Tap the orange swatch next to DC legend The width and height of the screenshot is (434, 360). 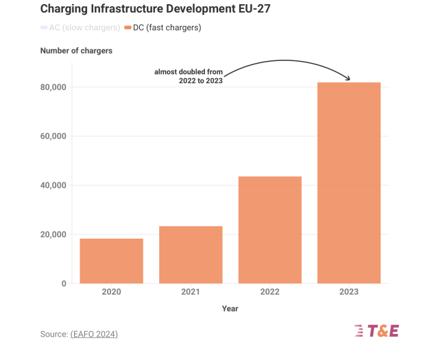[128, 27]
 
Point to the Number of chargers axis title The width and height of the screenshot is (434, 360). [76, 51]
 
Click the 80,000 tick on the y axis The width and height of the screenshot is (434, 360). [52, 87]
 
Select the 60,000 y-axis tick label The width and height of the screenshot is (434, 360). [52, 136]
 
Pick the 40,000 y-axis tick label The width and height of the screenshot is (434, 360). [52, 185]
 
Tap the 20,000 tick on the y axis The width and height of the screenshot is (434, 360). [52, 235]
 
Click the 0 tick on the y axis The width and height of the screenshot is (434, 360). [64, 283]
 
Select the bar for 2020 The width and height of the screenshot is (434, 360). [111, 261]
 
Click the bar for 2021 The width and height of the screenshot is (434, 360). [191, 255]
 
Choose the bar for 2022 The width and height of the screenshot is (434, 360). [269, 230]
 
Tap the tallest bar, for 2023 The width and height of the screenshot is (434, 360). [349, 183]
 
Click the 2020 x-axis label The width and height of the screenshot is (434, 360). [111, 292]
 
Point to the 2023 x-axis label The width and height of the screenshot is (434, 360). [349, 292]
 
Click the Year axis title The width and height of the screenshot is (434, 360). [230, 309]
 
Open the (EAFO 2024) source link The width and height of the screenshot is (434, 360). [94, 334]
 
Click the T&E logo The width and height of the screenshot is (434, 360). [376, 331]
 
